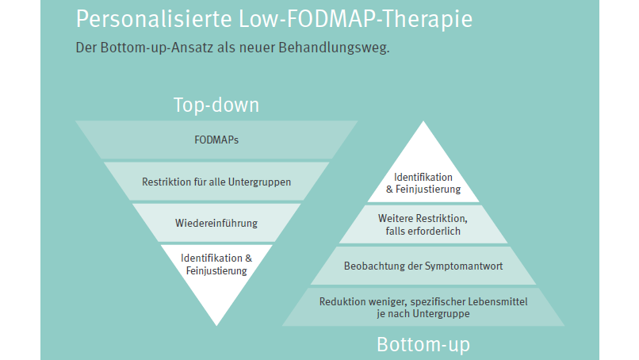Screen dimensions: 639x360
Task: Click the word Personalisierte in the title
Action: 154,19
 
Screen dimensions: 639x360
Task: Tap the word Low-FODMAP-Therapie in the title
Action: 355,19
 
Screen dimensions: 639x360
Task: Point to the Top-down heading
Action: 216,105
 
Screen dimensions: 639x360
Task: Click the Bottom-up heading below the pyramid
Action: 423,344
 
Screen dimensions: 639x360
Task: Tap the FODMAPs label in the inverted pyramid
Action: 216,140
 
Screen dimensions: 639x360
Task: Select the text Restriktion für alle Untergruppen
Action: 216,182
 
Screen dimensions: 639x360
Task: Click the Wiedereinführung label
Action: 216,224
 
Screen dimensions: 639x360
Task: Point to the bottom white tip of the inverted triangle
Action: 216,325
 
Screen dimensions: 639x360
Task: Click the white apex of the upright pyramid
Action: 423,121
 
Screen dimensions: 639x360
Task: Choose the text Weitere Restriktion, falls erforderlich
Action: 423,224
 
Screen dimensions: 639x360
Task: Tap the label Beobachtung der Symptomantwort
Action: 423,266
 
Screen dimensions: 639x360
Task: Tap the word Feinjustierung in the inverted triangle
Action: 216,271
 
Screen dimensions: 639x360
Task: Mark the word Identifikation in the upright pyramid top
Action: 423,178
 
